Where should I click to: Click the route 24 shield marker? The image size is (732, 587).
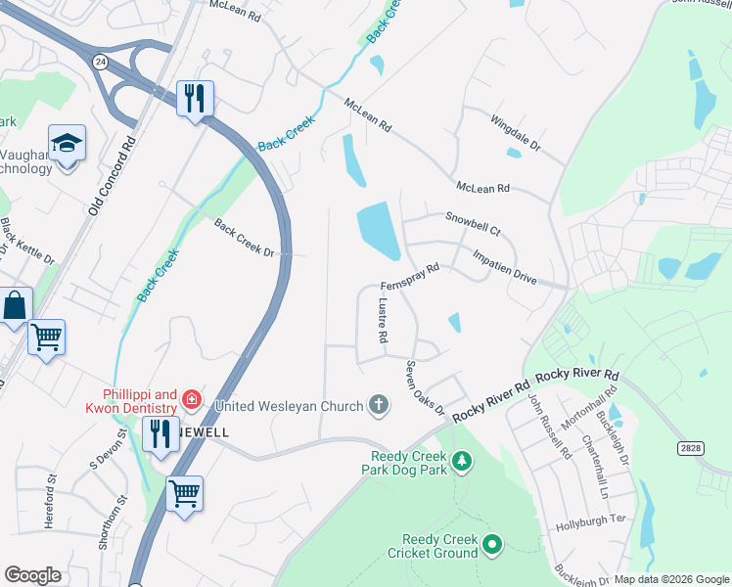coord(99,61)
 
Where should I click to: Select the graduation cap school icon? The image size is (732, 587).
coord(67,145)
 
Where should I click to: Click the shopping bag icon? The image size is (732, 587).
coord(16,307)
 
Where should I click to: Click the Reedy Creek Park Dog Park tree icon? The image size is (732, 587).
coord(461,459)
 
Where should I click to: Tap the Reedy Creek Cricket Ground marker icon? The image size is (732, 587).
coord(491,543)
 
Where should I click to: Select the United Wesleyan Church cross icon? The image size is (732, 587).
coord(379,404)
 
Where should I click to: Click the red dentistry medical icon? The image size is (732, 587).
coord(192,398)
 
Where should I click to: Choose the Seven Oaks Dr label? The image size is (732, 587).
coord(426,386)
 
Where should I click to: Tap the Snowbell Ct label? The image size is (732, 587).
coord(473,224)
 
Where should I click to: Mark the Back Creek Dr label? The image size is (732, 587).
coord(245,238)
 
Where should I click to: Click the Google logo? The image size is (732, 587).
coord(33,575)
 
